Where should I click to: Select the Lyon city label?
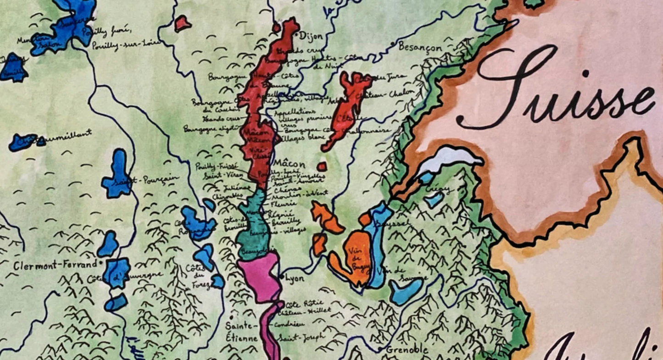[295, 278]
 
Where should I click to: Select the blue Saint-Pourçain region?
[117, 177]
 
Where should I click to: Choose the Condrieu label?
[290, 324]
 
